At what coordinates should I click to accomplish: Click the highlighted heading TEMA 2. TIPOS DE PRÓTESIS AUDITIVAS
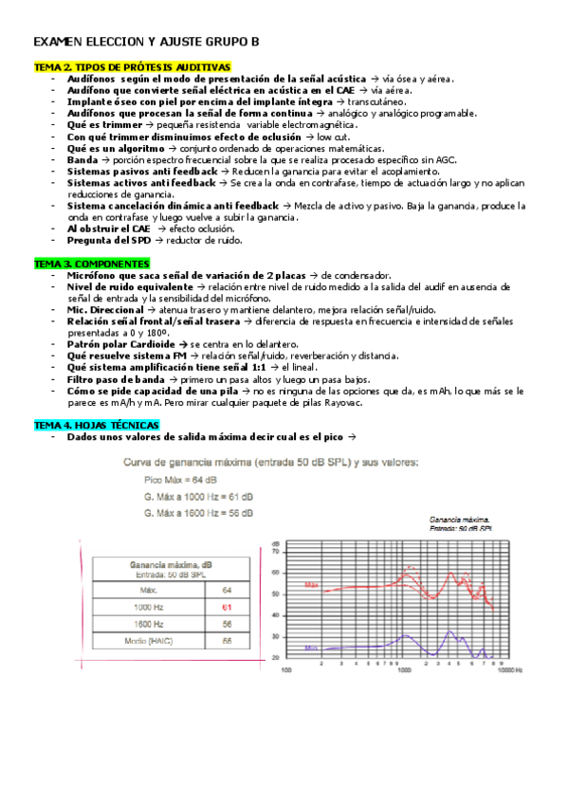click(x=132, y=68)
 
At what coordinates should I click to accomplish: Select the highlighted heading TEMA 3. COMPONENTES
click(x=91, y=263)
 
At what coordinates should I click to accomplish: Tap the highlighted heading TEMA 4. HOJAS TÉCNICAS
click(x=97, y=425)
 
